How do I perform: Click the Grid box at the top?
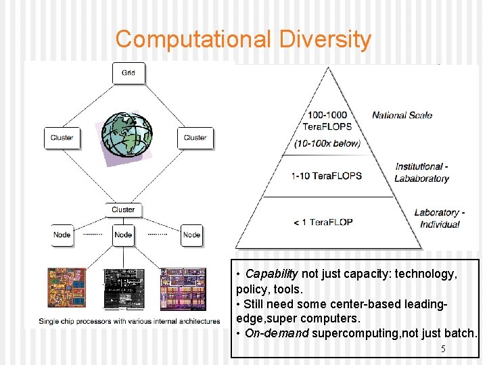128,73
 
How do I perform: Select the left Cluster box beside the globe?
62,138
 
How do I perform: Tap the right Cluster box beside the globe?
195,138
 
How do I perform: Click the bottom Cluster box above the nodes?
123,210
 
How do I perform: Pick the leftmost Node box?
62,235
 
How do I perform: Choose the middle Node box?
123,235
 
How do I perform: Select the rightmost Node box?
191,235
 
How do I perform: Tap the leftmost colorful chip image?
66,289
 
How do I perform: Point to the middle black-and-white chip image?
123,289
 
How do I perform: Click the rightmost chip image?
182,289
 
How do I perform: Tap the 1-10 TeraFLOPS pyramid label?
326,176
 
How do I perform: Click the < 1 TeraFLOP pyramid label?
323,222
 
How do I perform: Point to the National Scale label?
402,115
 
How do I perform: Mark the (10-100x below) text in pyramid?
327,143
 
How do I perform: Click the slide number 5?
443,349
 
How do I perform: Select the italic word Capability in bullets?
271,274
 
